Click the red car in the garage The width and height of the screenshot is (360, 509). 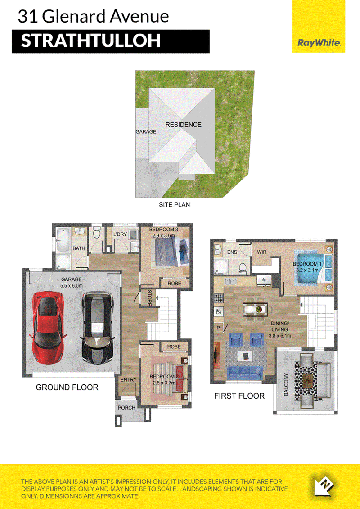[x=48, y=328]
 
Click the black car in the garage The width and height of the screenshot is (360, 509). [x=98, y=328]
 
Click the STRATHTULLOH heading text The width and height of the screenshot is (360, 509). [x=91, y=41]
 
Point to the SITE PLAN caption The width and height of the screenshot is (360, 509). [x=174, y=205]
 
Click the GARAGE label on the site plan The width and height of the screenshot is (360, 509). [x=146, y=132]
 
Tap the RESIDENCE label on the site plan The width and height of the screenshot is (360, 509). [x=184, y=125]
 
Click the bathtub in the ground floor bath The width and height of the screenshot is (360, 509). [x=63, y=239]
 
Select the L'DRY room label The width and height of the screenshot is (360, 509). [x=120, y=235]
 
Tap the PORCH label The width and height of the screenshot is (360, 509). [x=126, y=408]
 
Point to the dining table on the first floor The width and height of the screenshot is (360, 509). [x=256, y=309]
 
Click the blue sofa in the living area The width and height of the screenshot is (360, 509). [x=245, y=373]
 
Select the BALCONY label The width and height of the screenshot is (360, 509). [x=286, y=385]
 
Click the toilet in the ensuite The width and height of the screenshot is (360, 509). [x=242, y=268]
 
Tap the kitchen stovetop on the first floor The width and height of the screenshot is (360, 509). [x=218, y=297]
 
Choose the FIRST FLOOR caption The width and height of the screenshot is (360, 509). [x=239, y=396]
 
